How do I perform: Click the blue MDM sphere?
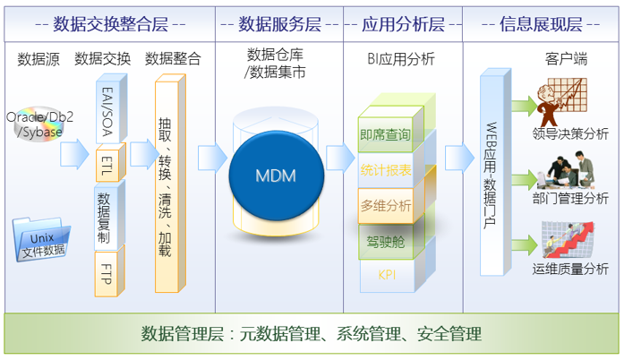click(276, 174)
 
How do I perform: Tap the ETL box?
click(108, 164)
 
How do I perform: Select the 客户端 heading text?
click(566, 60)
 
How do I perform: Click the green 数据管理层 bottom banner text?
click(312, 335)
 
